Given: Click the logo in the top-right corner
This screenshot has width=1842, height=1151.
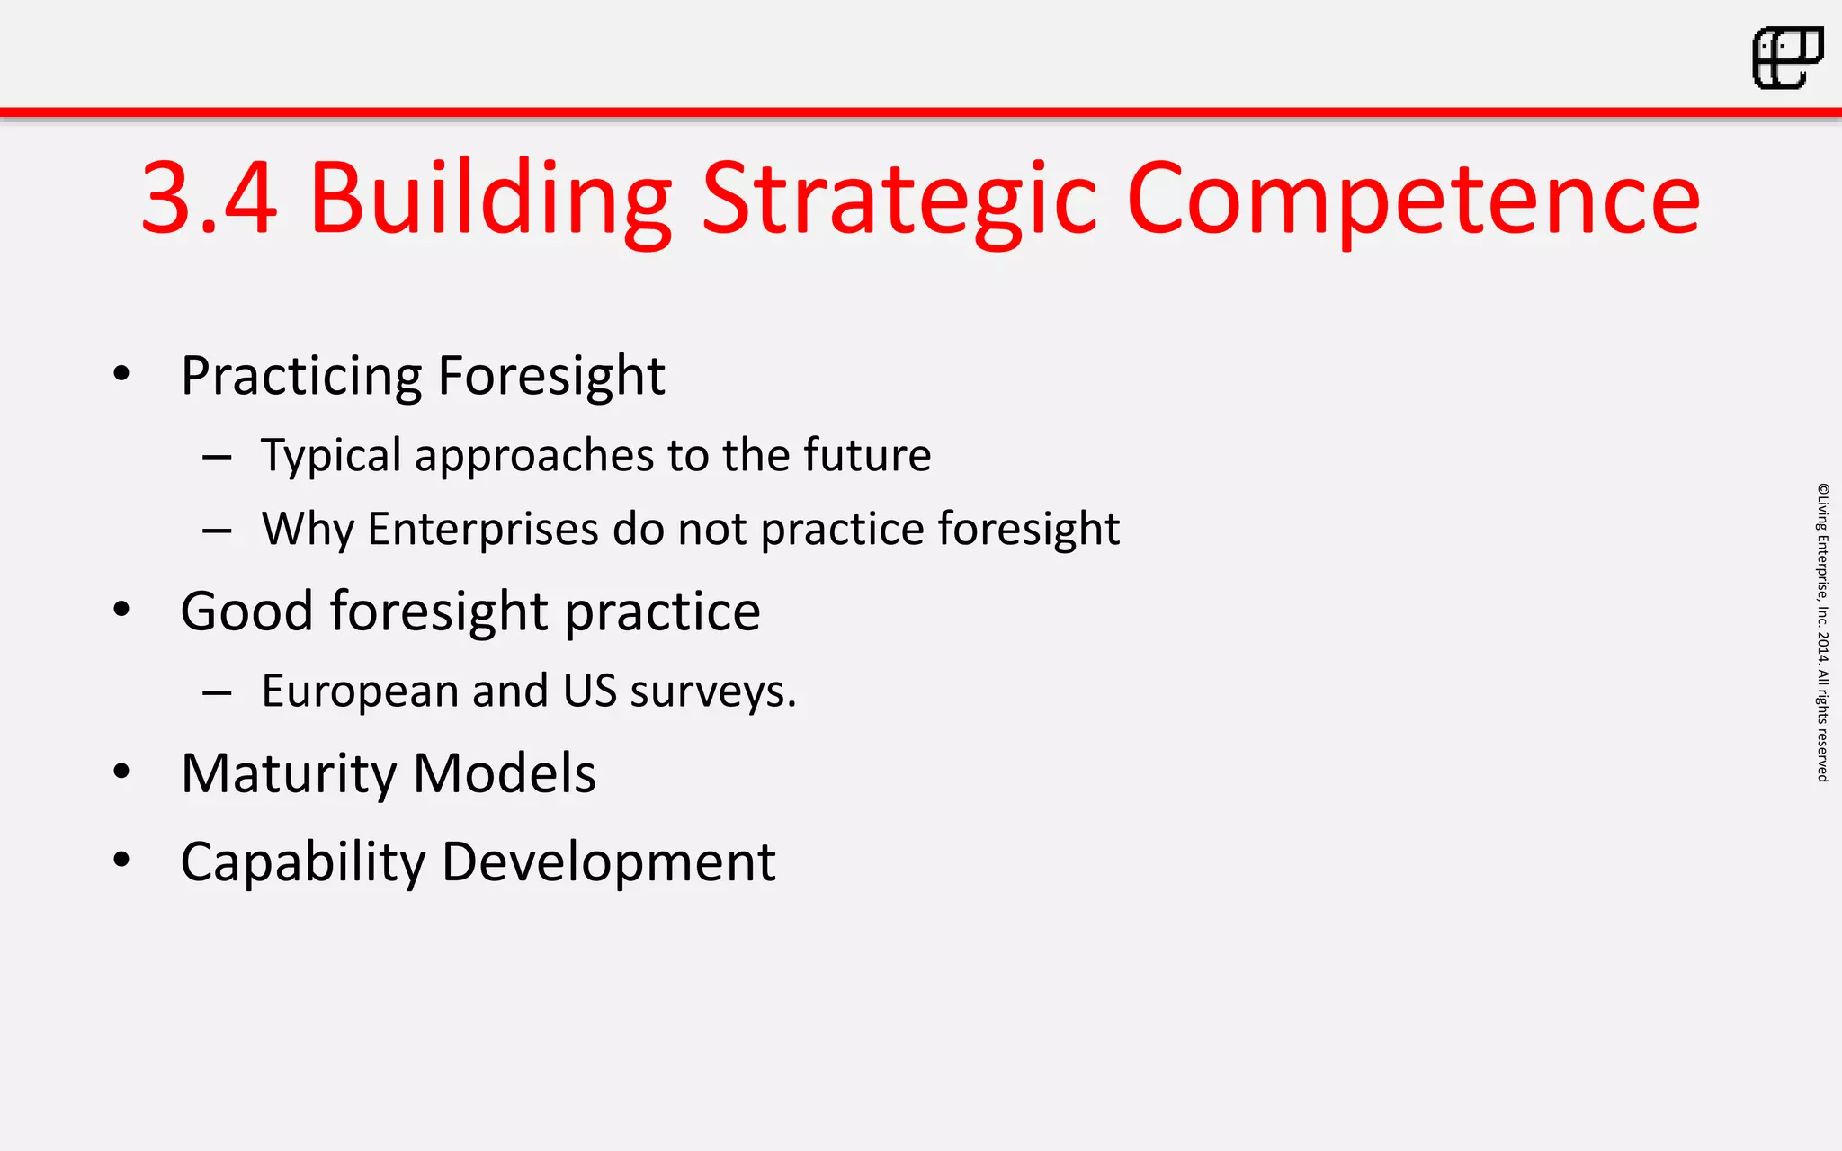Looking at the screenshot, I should point(1787,58).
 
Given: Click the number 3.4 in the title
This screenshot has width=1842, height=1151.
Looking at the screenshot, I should point(209,198).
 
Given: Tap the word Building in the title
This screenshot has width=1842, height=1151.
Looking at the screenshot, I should point(490,198).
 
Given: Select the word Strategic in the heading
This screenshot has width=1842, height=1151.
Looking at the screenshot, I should point(899,198).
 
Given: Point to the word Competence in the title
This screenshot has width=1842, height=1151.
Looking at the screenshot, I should point(1412,200).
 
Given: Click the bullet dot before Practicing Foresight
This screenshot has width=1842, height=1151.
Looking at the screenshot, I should point(121,374).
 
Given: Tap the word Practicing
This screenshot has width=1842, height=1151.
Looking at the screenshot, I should point(301,376).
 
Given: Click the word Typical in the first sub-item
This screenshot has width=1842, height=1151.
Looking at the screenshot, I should point(331,456).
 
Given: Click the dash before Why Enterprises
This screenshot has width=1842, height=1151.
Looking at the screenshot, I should point(217,531).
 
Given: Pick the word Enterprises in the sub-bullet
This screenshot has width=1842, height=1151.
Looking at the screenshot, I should point(483,529).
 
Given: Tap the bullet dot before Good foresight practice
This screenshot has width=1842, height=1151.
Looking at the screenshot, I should point(121,610).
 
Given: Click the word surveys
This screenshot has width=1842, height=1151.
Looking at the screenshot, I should point(712,691).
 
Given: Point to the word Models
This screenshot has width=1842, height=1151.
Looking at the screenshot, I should point(505,773).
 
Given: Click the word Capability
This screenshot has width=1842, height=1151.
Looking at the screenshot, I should point(302,863).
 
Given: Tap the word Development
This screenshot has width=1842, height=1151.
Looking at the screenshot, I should point(609,861).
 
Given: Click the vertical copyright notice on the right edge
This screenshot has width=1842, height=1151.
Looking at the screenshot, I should point(1822,632).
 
